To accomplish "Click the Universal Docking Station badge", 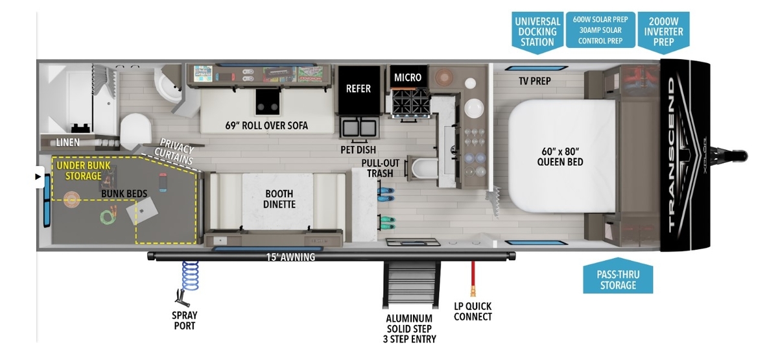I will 536,31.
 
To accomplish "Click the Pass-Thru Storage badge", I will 618,279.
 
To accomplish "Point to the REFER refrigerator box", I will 358,88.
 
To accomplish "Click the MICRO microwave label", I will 408,78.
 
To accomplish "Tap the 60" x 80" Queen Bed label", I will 560,156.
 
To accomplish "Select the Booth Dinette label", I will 279,199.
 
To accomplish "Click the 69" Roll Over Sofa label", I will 266,125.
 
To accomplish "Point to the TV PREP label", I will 534,82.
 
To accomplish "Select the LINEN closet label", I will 67,141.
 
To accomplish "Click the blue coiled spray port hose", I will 190,276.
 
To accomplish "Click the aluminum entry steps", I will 408,285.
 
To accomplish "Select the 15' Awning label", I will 290,258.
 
